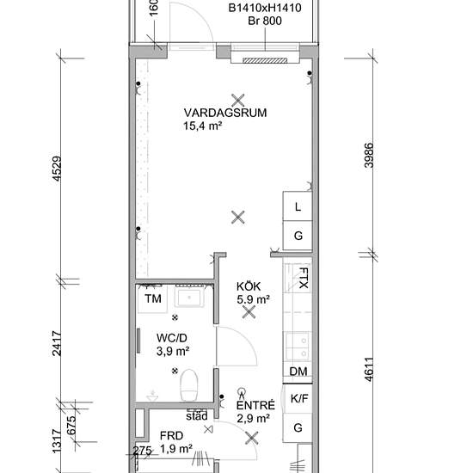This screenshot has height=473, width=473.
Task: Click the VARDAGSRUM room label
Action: coord(225,113)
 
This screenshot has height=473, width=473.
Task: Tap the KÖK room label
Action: coord(249,286)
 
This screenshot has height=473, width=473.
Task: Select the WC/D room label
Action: coord(172,338)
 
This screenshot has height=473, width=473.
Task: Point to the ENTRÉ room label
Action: coord(255,405)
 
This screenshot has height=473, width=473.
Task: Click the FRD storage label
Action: coord(171,436)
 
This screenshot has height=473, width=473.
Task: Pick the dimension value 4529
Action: coord(57,169)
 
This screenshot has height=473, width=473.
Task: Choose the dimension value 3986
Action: coord(369,156)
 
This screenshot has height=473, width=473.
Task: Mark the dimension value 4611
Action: coord(369,370)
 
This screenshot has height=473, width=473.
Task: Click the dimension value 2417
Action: coord(57,344)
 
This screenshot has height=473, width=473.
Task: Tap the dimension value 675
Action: coord(71,426)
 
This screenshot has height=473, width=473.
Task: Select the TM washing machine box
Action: coord(152,299)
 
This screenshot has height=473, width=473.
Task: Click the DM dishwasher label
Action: coord(298,372)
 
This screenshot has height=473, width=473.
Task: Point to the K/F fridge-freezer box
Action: coord(298,398)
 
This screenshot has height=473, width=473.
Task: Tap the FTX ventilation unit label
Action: coord(304,278)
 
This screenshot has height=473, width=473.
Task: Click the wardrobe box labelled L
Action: coord(298,206)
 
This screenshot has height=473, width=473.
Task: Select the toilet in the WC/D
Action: coord(189,385)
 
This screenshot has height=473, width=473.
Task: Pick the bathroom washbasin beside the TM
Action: coord(189,298)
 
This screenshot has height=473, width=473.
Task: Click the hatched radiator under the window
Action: coord(265,61)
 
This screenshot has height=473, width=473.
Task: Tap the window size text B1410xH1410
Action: coord(265,8)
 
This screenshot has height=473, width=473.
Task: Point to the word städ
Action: coord(197,416)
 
